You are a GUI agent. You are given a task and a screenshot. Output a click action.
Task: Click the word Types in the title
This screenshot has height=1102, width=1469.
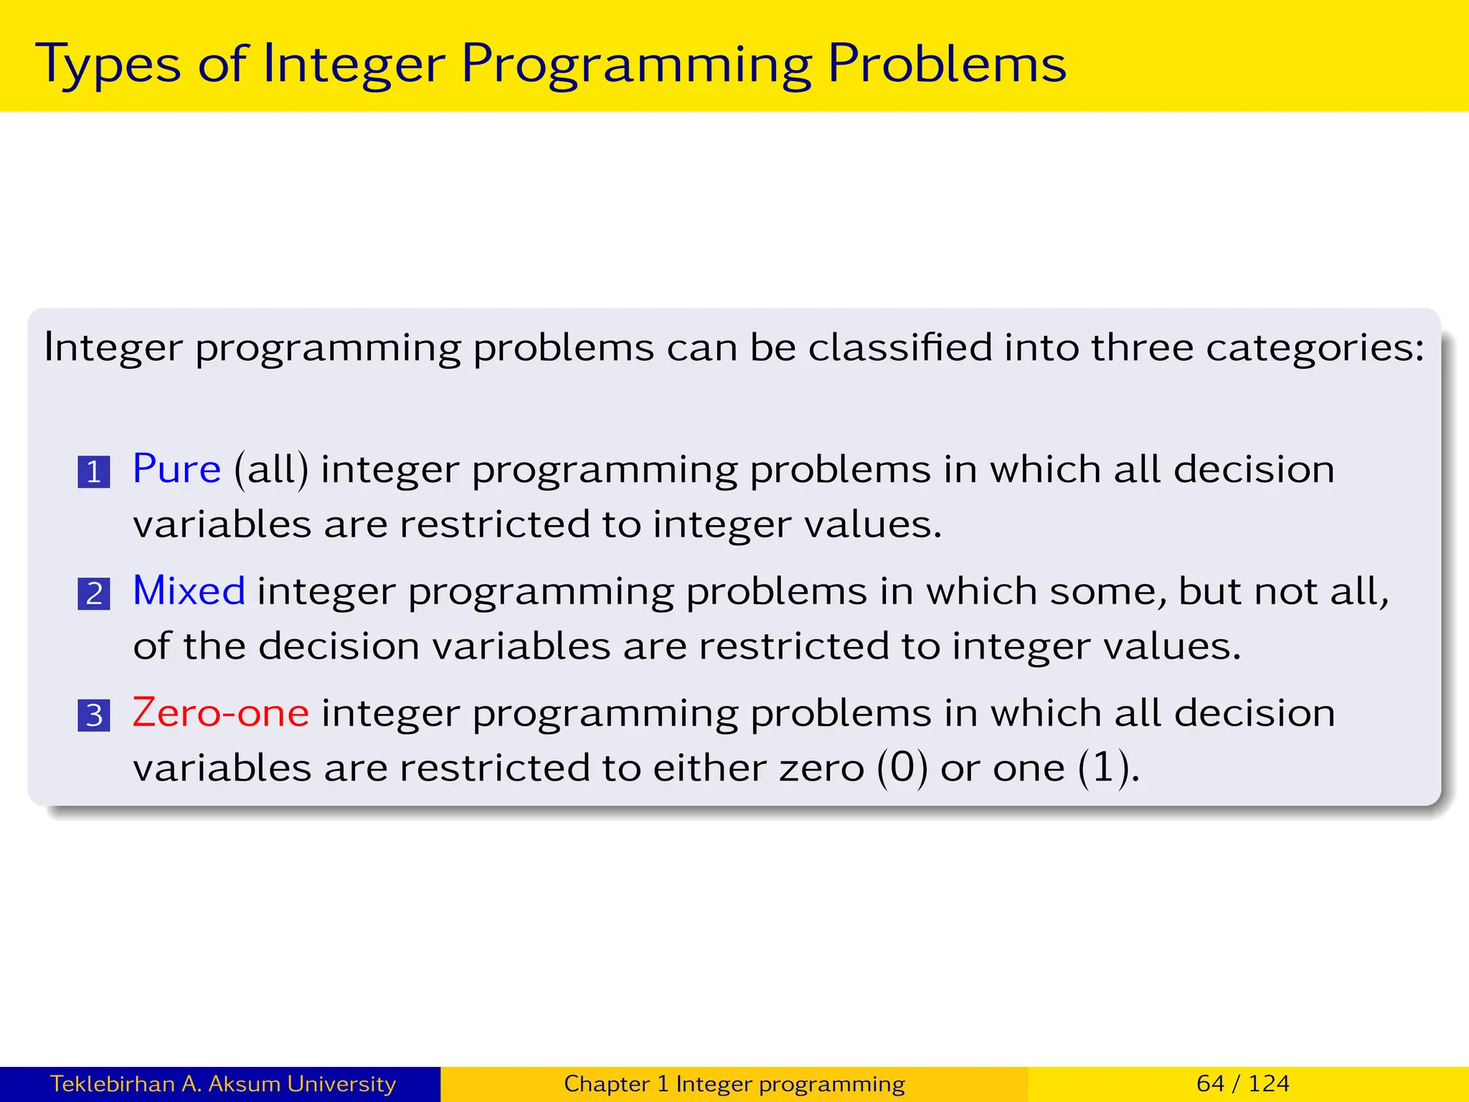tap(108, 65)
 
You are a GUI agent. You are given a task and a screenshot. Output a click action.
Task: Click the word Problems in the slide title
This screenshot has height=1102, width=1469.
tap(947, 65)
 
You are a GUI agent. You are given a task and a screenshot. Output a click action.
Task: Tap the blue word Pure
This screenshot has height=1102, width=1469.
tap(176, 470)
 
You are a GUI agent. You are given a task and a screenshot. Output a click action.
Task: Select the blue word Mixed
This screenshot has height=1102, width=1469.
tap(189, 592)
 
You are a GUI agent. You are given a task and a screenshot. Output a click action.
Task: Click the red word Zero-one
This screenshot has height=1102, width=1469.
tap(221, 713)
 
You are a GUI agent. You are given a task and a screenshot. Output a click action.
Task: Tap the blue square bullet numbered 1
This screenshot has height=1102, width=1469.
tap(94, 472)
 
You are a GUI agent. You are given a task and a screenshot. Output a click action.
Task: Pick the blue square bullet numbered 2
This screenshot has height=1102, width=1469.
tap(94, 594)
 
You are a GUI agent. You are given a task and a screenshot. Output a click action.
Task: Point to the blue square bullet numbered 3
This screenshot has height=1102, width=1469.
tap(94, 716)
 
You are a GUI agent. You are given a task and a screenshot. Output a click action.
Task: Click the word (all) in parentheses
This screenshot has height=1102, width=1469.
tap(271, 471)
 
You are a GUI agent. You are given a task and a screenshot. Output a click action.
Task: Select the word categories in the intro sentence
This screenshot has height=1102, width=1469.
tap(1314, 349)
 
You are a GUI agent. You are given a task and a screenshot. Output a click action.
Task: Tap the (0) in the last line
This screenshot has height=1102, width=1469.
tap(902, 768)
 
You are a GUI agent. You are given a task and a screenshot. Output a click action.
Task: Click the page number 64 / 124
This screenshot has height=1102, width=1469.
tap(1242, 1083)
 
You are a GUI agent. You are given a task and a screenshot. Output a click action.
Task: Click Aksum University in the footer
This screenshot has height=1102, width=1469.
tap(301, 1083)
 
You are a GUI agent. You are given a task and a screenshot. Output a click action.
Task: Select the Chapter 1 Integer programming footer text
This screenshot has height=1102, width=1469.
tap(734, 1083)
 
